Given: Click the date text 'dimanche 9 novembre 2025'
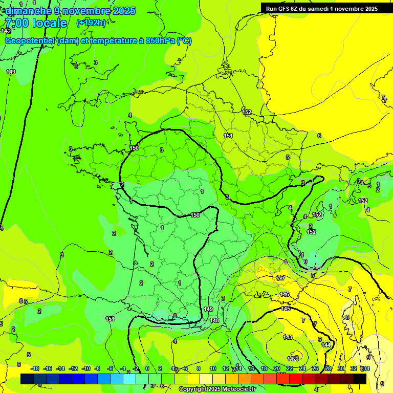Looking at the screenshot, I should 70,11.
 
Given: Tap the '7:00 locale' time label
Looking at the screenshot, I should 36,23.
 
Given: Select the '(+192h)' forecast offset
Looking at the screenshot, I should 91,23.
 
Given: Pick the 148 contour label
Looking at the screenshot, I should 214,320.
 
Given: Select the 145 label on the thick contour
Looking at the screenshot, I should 286,309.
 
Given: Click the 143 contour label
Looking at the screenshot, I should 288,337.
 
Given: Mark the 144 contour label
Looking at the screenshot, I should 326,345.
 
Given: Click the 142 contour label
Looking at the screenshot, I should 6,31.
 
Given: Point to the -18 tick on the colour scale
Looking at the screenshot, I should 35,368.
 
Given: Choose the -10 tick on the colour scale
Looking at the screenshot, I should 86,368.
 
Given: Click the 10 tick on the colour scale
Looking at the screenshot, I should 212,368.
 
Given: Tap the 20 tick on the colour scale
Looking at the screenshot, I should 277,368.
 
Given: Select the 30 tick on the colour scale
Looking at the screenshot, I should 340,368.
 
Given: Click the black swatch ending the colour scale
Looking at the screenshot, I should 360,379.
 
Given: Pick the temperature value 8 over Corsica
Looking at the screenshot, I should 347,317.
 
